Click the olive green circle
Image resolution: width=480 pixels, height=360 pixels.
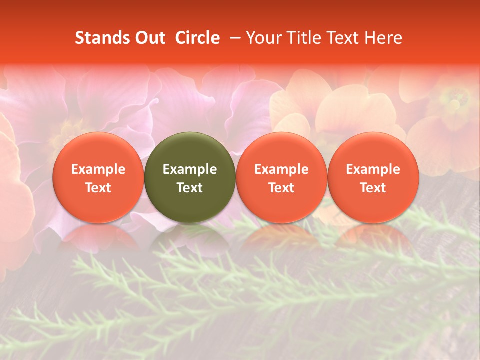(190, 150)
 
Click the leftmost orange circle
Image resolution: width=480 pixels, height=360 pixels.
(98, 150)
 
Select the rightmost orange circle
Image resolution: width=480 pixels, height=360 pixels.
(373, 150)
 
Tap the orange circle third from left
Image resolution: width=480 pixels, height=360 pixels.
(281, 150)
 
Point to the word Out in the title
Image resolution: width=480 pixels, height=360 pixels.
(149, 38)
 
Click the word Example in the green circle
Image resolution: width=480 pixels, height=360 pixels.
(190, 169)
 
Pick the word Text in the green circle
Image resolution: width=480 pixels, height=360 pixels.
(190, 188)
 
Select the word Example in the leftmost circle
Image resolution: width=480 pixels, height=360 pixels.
(98, 169)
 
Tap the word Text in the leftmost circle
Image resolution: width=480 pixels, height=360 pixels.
(98, 188)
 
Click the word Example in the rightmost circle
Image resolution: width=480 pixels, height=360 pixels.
(373, 169)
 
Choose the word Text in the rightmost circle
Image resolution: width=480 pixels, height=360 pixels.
(373, 188)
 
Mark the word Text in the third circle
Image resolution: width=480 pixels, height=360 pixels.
(281, 188)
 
